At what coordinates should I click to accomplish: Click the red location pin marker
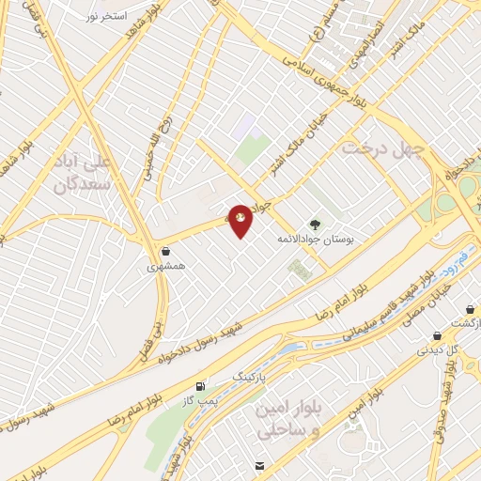[241, 220]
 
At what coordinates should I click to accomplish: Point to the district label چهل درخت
[383, 148]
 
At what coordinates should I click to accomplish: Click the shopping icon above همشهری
[166, 251]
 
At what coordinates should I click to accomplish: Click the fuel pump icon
[199, 386]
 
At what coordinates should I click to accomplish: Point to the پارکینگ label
[250, 375]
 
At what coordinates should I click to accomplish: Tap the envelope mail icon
[259, 465]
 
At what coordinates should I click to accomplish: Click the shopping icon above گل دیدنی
[438, 335]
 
